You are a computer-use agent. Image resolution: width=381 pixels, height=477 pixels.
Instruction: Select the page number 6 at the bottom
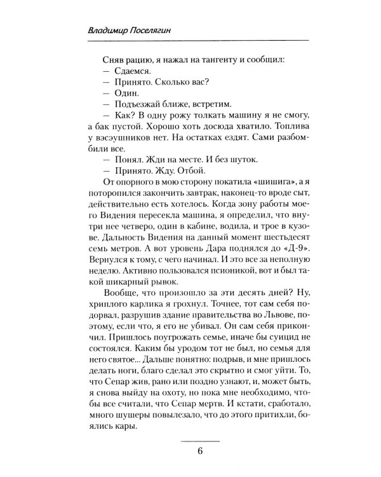pos(199,452)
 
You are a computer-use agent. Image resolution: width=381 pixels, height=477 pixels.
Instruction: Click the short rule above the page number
pos(199,441)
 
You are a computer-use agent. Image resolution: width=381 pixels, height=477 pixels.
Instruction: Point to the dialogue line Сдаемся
pos(127,74)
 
